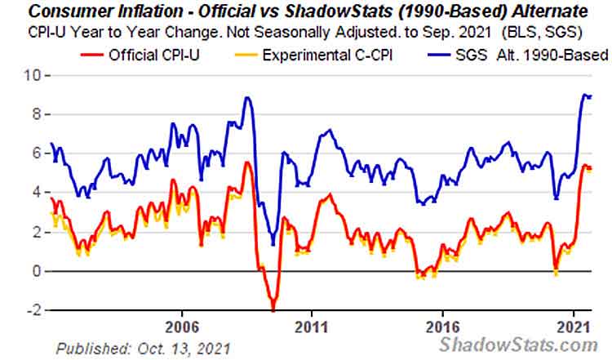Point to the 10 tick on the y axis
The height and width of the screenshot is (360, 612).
pyautogui.click(x=33, y=75)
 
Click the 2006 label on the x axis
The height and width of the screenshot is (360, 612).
pyautogui.click(x=181, y=324)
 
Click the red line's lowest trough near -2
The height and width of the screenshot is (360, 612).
pyautogui.click(x=273, y=309)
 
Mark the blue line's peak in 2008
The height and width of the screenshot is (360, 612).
pyautogui.click(x=247, y=98)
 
